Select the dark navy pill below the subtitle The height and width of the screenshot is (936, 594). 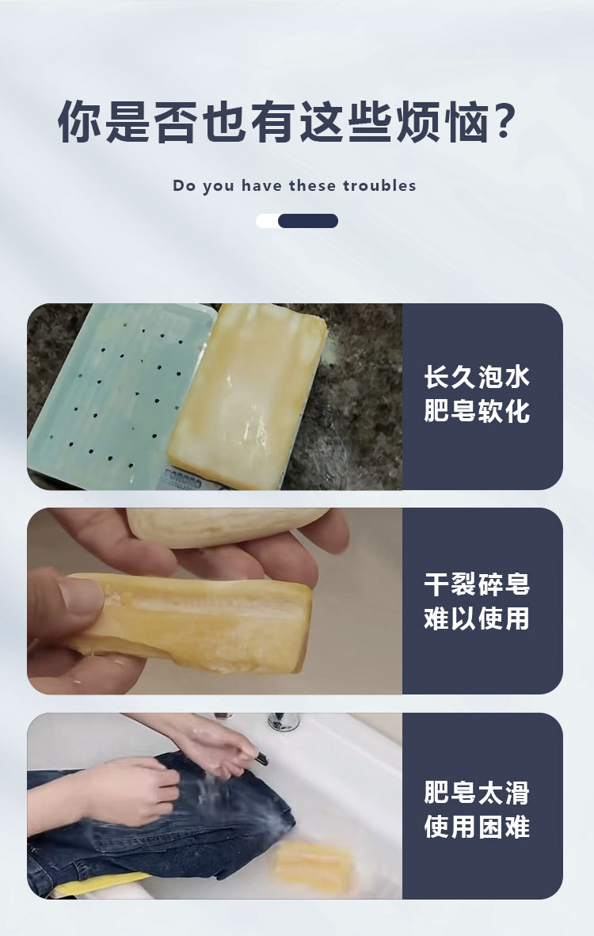(308, 221)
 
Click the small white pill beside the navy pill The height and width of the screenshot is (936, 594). (268, 221)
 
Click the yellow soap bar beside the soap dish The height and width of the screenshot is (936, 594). (247, 395)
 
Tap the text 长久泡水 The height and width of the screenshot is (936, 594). (477, 377)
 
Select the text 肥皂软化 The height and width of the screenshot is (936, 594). (477, 411)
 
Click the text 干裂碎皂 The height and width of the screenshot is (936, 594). (477, 584)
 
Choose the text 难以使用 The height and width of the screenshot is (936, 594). (477, 618)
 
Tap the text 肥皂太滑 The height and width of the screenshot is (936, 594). (477, 792)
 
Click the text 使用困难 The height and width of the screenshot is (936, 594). (477, 827)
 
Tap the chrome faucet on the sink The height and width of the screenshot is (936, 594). (283, 721)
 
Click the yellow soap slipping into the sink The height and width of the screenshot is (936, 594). (312, 865)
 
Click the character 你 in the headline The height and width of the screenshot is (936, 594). (80, 121)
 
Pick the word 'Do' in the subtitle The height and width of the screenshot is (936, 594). (184, 185)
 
